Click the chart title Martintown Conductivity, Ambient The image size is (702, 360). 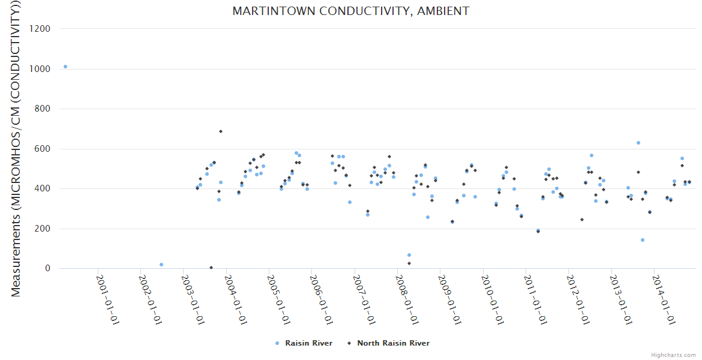click(x=350, y=11)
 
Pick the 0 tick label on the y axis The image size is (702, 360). click(x=46, y=268)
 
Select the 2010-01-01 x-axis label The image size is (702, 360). click(x=493, y=299)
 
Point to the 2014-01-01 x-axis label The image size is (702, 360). click(x=664, y=299)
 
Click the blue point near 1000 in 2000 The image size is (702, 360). click(x=65, y=67)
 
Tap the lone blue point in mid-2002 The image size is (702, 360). click(x=161, y=265)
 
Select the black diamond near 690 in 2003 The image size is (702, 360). click(x=221, y=131)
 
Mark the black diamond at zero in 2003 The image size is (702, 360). click(x=211, y=268)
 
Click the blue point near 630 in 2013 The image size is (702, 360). click(x=638, y=143)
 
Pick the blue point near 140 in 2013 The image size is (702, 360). click(x=642, y=240)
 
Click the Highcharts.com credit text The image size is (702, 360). click(x=673, y=355)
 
